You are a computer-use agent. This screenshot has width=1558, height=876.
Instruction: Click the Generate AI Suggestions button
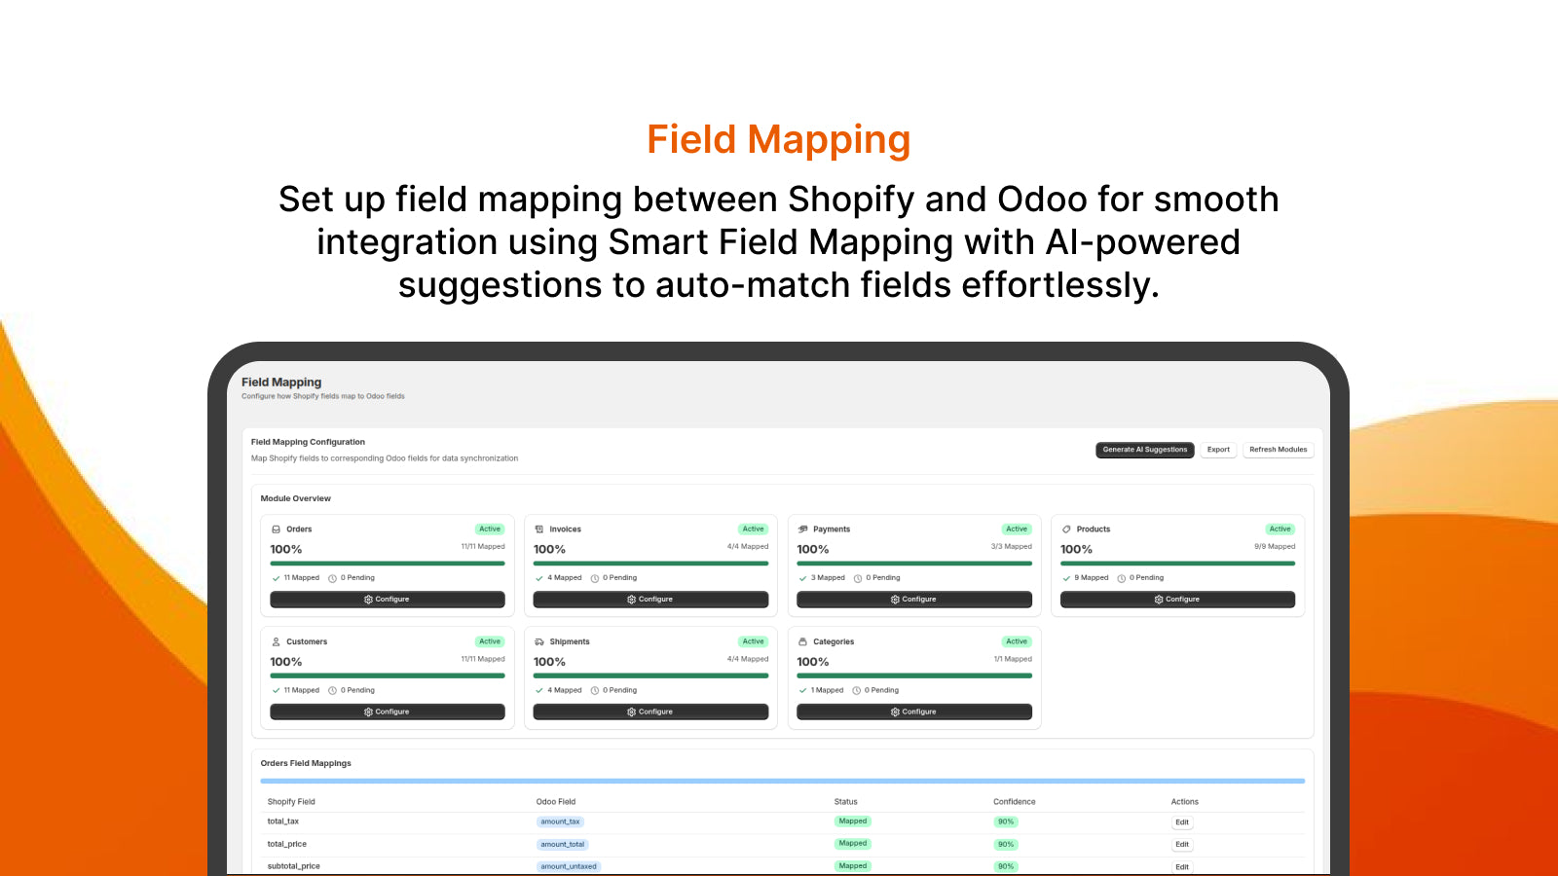(1144, 450)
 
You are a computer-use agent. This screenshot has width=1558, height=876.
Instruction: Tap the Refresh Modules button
(1278, 450)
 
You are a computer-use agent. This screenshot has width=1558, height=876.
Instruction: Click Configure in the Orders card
(388, 600)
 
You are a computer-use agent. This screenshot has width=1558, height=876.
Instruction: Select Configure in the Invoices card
(650, 600)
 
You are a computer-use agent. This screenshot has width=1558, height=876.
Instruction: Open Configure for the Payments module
(913, 600)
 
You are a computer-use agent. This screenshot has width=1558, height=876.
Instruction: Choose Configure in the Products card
(1177, 600)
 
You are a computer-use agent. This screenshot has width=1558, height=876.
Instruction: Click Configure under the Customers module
(388, 712)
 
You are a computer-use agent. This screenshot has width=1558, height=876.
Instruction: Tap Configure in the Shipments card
(650, 712)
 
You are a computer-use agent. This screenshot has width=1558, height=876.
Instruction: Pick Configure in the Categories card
(913, 712)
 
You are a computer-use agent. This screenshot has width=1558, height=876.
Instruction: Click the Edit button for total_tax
(1181, 822)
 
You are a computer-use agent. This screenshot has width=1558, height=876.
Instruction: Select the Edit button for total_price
(1181, 845)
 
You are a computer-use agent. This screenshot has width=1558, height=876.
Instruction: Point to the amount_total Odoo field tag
(562, 845)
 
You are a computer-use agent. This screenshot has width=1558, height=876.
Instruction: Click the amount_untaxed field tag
(569, 866)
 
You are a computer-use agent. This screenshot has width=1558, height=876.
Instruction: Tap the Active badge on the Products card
(1280, 529)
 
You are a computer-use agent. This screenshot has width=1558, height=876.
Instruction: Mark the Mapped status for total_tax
(852, 821)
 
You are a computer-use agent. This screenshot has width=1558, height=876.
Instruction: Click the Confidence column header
(1014, 802)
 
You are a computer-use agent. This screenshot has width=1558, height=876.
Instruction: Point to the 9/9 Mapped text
(1275, 547)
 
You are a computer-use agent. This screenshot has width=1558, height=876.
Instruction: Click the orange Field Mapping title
(779, 139)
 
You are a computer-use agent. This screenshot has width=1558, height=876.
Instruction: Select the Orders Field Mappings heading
(306, 763)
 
